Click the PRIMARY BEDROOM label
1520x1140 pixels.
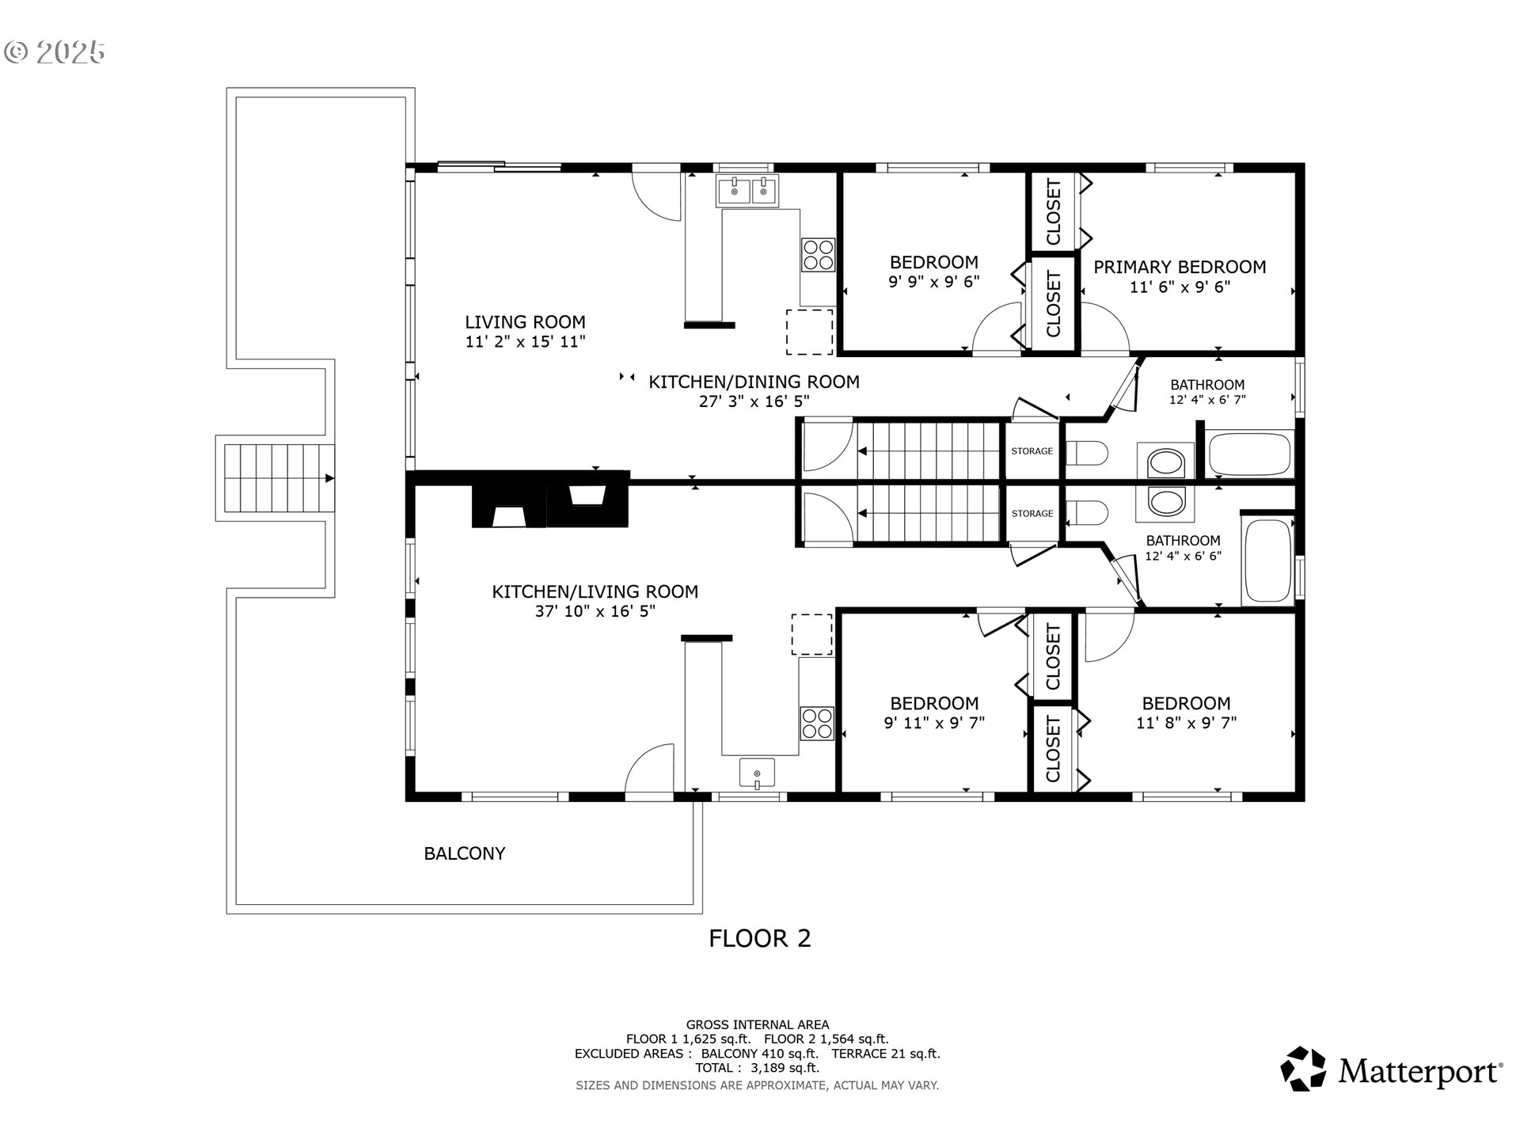coord(1180,267)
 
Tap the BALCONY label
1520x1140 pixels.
coord(465,853)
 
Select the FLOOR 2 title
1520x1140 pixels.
coord(759,938)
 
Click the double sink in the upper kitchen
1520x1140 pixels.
coord(747,191)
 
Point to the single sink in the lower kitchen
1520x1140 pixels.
coord(757,773)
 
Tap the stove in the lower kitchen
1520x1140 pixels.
coord(817,723)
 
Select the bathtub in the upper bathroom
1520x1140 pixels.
coord(1250,454)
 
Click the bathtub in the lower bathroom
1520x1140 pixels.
coord(1268,561)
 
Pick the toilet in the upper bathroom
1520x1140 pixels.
coord(1086,454)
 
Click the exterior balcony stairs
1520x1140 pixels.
coord(275,478)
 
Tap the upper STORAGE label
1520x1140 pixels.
coord(1032,451)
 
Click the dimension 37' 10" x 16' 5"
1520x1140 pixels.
coord(595,611)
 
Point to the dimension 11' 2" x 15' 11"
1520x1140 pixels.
coord(525,342)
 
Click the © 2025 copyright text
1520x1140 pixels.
coord(54,52)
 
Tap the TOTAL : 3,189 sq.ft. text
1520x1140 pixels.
coord(758,1068)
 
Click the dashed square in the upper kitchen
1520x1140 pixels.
coord(809,332)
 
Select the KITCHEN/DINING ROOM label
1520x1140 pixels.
coord(754,382)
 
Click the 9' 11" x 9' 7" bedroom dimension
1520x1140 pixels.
coord(934,722)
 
